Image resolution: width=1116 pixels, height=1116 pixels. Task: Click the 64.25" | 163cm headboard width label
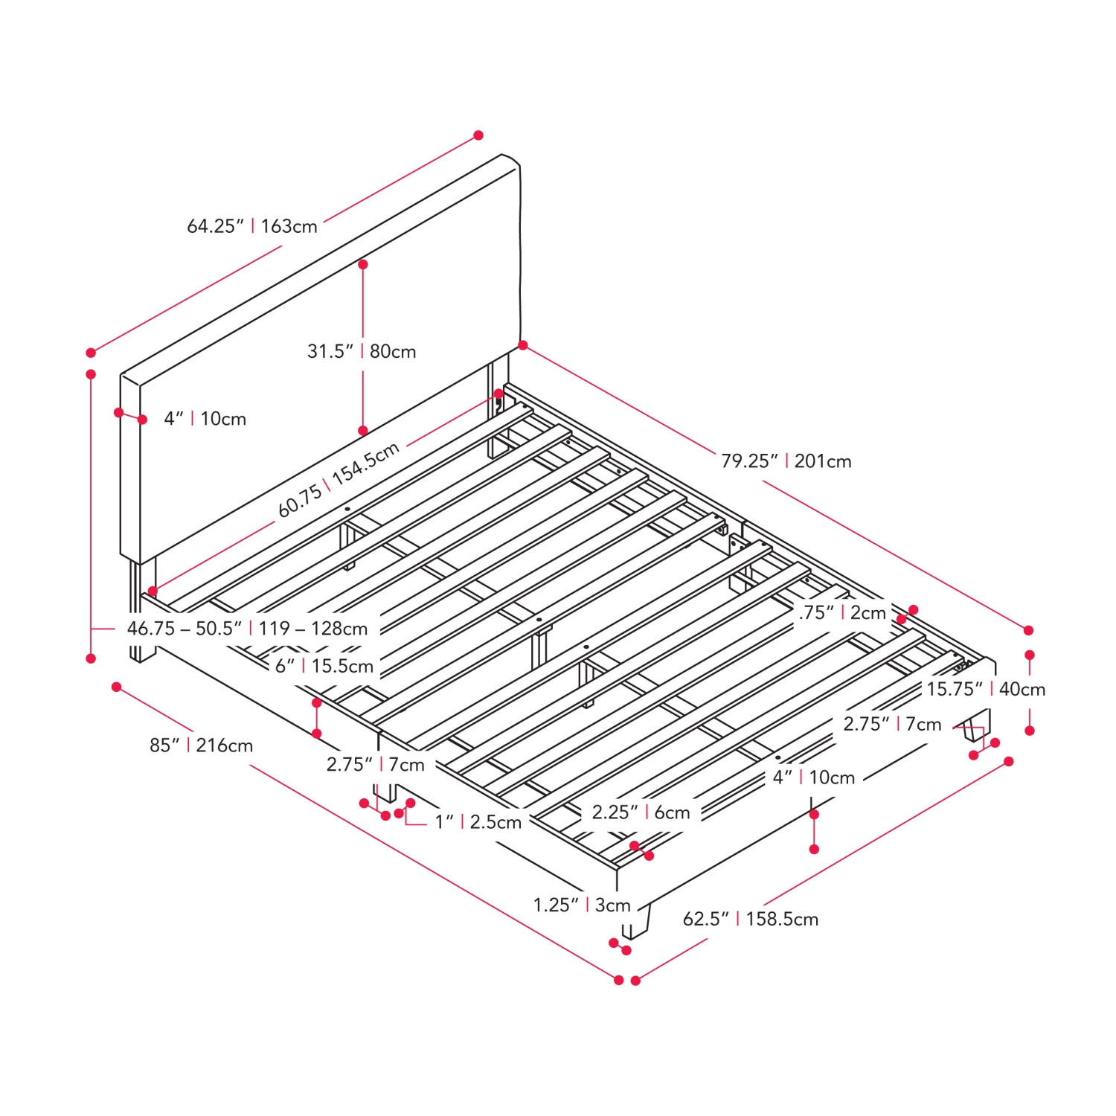[252, 225]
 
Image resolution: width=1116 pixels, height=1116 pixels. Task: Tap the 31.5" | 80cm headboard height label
[362, 351]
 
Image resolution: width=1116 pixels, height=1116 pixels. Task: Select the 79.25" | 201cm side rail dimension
[786, 461]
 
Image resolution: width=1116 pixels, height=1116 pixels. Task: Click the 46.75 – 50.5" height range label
[247, 629]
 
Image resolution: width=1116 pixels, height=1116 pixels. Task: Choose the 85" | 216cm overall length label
[201, 745]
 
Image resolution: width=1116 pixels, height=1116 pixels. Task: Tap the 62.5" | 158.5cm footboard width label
[751, 919]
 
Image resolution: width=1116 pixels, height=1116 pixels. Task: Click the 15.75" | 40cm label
[986, 689]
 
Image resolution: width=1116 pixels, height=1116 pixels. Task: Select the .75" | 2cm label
[843, 612]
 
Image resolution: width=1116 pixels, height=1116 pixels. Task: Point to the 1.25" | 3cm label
[582, 905]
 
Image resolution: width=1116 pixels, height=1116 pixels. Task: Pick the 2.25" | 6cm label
[641, 812]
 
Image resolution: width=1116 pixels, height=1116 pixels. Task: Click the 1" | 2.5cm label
[478, 822]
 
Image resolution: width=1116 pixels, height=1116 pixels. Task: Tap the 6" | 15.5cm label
[324, 666]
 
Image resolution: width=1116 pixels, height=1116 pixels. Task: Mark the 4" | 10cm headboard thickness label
[205, 419]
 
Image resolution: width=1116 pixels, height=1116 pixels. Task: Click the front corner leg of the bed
[636, 922]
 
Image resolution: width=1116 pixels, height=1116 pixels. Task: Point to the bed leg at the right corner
[976, 725]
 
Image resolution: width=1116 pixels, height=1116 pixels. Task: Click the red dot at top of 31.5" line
[363, 264]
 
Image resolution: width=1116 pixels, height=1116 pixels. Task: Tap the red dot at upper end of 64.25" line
[478, 135]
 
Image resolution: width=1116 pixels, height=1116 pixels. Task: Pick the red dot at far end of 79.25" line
[1029, 630]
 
